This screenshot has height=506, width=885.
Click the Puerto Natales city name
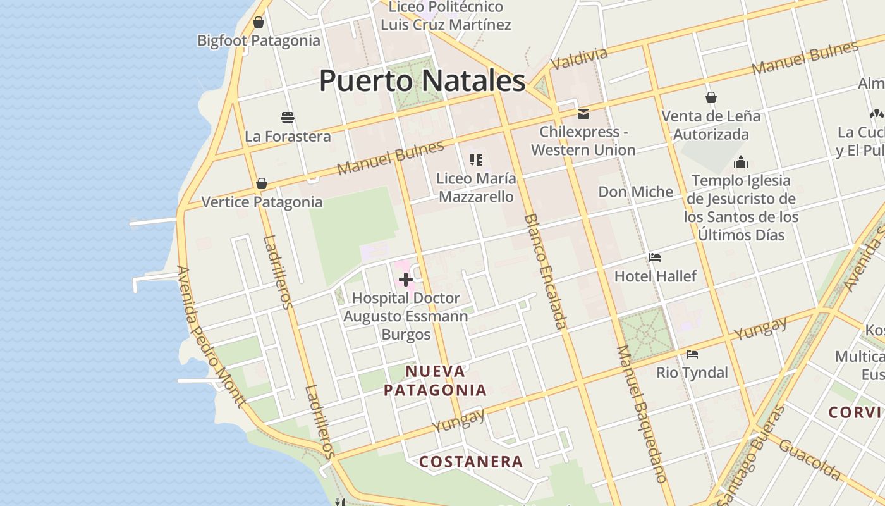422,81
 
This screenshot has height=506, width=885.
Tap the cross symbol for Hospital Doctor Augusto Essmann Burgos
406,280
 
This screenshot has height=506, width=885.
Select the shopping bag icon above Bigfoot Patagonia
259,23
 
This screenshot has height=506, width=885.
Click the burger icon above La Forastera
288,118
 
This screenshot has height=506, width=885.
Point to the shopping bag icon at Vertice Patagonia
262,184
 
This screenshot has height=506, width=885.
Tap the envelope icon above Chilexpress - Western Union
583,114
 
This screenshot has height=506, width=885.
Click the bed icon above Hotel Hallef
655,257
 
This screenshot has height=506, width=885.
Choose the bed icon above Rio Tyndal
692,354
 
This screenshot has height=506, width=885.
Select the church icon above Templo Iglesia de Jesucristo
741,162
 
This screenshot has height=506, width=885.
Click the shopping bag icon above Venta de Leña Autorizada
711,97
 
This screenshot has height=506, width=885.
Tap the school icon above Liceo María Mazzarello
476,160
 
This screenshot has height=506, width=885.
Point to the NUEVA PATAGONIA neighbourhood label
436,381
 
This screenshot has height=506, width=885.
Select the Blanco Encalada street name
544,271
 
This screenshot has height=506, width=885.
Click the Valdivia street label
579,59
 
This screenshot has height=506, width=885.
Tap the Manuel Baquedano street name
642,414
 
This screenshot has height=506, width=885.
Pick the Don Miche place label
636,192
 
